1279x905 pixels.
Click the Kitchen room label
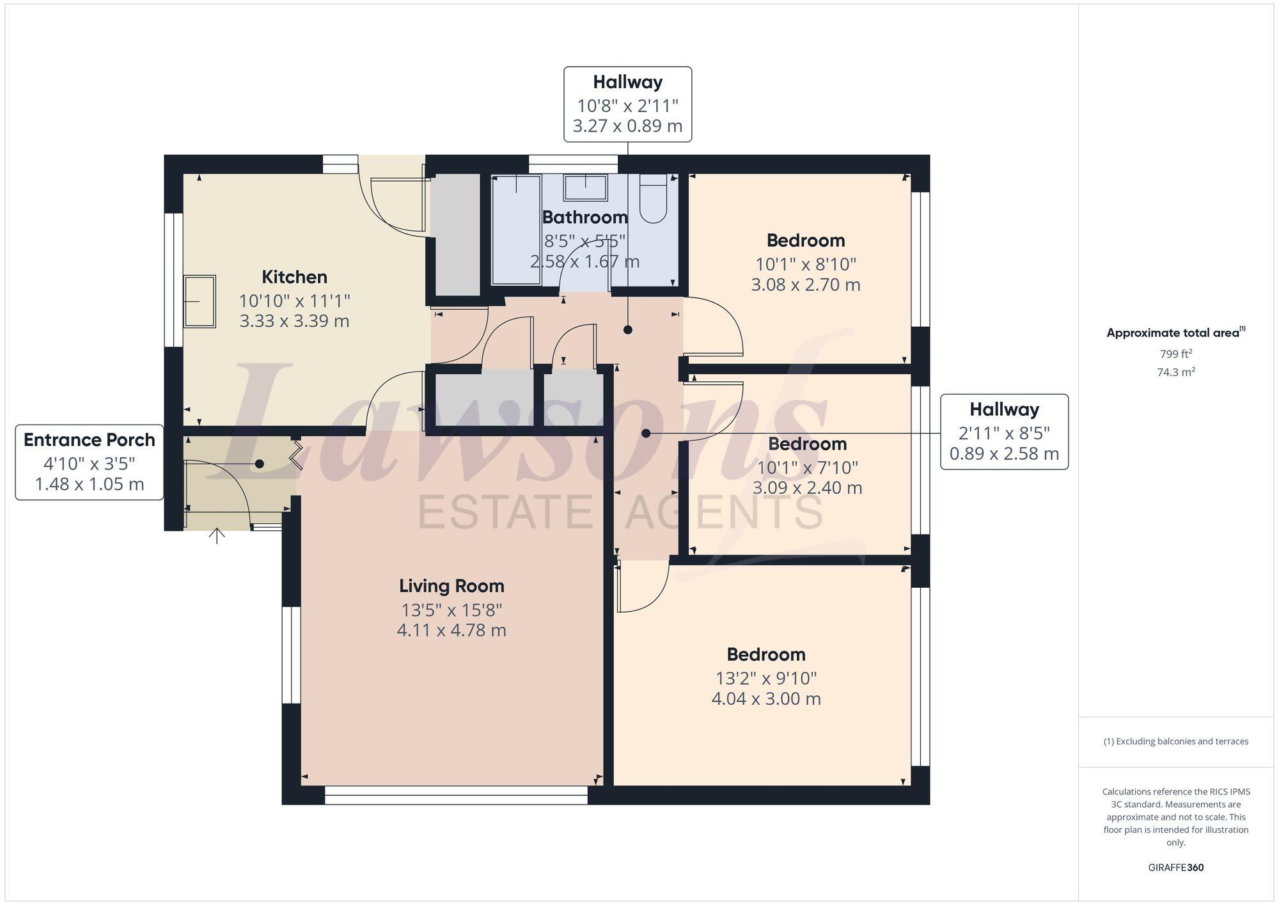tap(294, 277)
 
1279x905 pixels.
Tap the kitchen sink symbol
tap(200, 301)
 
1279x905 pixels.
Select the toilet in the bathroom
tap(653, 198)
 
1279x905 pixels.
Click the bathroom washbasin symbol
tap(585, 187)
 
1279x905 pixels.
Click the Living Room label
tap(451, 586)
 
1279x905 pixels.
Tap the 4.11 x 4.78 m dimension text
tap(451, 631)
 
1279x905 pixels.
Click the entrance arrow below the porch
tap(217, 536)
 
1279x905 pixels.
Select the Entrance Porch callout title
tap(90, 440)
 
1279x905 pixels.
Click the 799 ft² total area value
tap(1175, 354)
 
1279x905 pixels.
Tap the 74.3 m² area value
tap(1175, 372)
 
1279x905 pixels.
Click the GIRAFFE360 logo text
tap(1175, 868)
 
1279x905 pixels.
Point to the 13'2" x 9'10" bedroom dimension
tap(766, 678)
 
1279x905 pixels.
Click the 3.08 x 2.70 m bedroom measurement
tap(806, 285)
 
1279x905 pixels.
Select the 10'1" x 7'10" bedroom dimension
tap(807, 468)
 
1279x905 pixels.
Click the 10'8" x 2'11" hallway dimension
tap(627, 106)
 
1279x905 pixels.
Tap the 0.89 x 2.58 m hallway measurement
tap(1004, 454)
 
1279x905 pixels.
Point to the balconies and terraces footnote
tap(1175, 741)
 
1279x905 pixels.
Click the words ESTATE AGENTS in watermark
tap(620, 512)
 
